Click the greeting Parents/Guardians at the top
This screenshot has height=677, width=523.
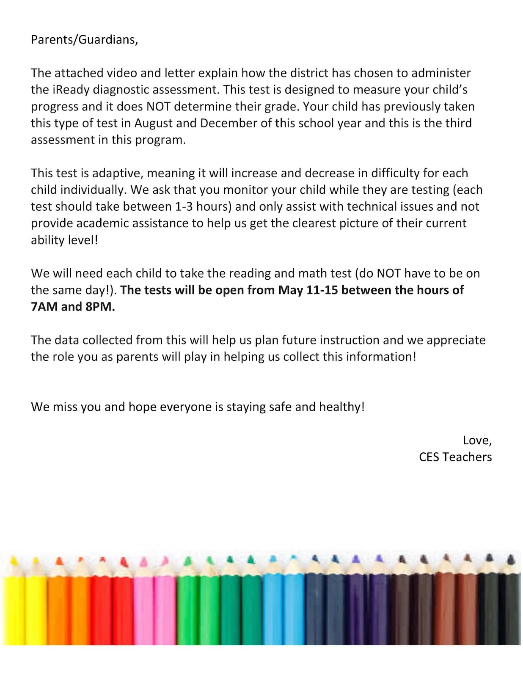(84, 40)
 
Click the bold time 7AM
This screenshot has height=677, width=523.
(44, 307)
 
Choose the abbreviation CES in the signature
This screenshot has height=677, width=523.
(429, 457)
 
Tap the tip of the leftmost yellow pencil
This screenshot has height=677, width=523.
(14, 561)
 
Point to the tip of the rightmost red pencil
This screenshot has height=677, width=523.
(124, 561)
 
